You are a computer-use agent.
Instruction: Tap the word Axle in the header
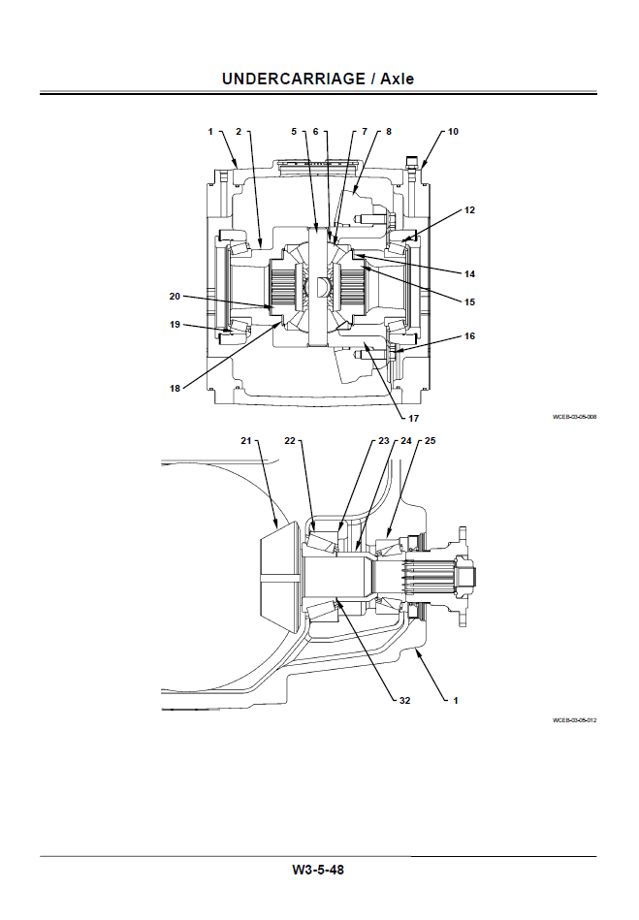[x=396, y=78]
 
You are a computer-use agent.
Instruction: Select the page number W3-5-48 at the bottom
[x=318, y=870]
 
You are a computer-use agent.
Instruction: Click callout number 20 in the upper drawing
[x=175, y=296]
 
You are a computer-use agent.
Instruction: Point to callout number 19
[x=175, y=325]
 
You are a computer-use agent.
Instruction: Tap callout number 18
[x=175, y=388]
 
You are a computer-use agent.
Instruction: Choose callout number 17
[x=413, y=419]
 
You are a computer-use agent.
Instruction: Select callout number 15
[x=469, y=301]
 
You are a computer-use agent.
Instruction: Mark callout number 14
[x=469, y=273]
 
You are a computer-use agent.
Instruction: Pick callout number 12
[x=469, y=209]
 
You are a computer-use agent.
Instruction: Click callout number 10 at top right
[x=453, y=131]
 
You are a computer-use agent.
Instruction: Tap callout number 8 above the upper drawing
[x=389, y=131]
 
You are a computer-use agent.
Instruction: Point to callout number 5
[x=294, y=131]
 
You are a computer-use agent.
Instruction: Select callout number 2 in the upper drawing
[x=239, y=131]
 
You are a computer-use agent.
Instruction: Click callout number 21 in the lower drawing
[x=246, y=441]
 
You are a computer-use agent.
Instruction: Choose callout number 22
[x=289, y=441]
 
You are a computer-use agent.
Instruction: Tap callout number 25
[x=431, y=441]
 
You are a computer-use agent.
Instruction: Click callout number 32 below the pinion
[x=403, y=699]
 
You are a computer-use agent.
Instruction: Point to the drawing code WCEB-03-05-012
[x=574, y=720]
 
